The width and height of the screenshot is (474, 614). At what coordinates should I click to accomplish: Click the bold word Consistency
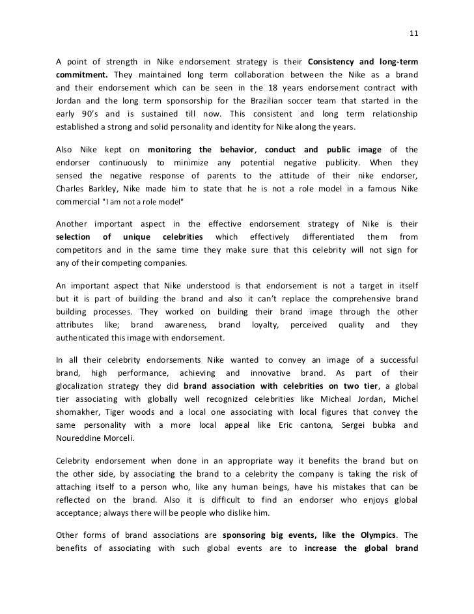331,62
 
